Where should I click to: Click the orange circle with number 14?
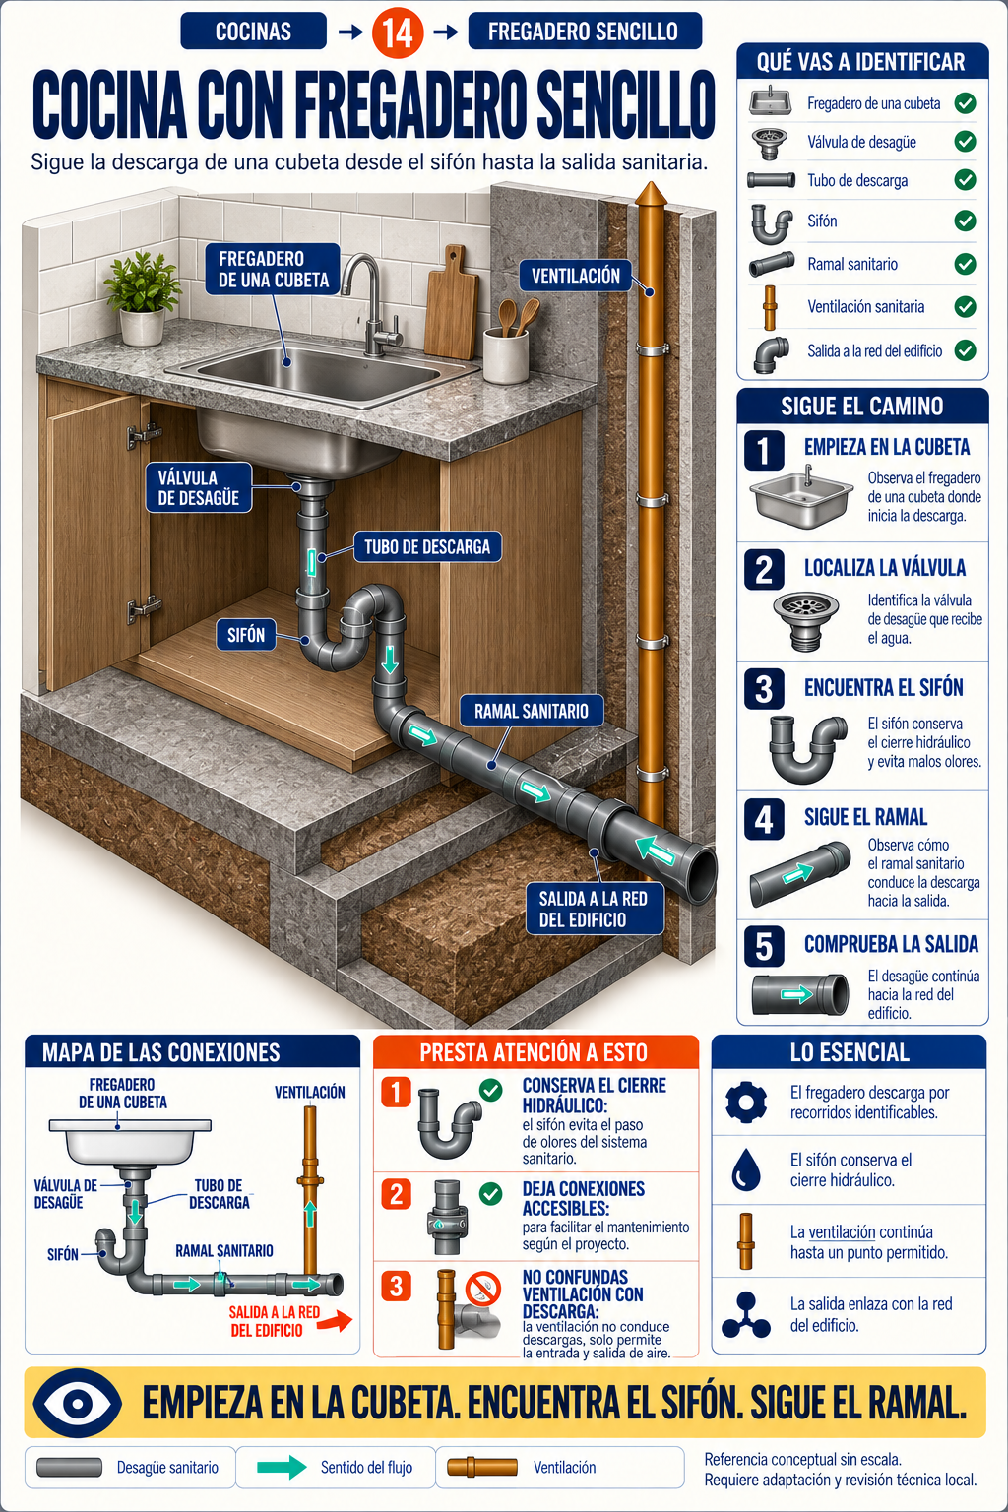(x=398, y=32)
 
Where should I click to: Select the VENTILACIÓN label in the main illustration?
(x=575, y=276)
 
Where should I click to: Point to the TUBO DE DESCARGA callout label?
(x=427, y=546)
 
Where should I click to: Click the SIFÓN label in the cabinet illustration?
(x=246, y=635)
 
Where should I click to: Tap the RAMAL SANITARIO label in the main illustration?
(x=531, y=711)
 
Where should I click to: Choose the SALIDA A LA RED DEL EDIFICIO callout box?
(x=593, y=909)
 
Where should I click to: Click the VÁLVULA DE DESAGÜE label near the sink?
(x=199, y=487)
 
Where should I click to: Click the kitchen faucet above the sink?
(x=368, y=305)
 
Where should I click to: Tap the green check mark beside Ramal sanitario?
(x=965, y=264)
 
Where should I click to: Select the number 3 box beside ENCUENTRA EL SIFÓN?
(x=764, y=688)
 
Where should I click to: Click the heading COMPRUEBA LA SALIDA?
(x=891, y=944)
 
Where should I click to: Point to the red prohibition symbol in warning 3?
(x=484, y=1288)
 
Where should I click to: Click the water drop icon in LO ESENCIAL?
(x=745, y=1169)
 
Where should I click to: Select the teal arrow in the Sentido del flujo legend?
(x=282, y=1467)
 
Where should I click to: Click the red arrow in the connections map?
(x=337, y=1321)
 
